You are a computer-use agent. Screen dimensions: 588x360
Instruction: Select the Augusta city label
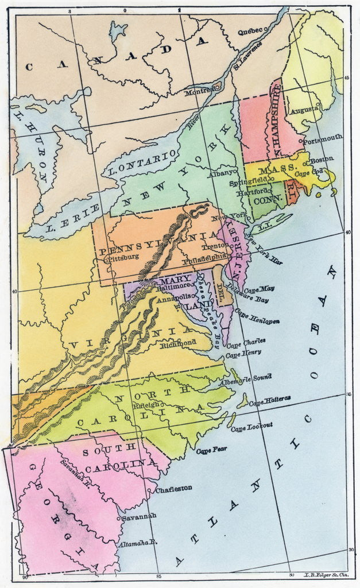(304, 110)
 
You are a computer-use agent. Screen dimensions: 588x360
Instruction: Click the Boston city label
(322, 161)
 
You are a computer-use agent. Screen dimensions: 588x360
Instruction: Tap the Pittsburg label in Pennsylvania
(122, 258)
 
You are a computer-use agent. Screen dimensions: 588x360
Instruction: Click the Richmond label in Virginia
(179, 343)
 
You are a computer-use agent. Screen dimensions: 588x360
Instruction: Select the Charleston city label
(173, 489)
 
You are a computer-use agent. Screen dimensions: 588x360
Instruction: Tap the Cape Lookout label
(251, 425)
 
